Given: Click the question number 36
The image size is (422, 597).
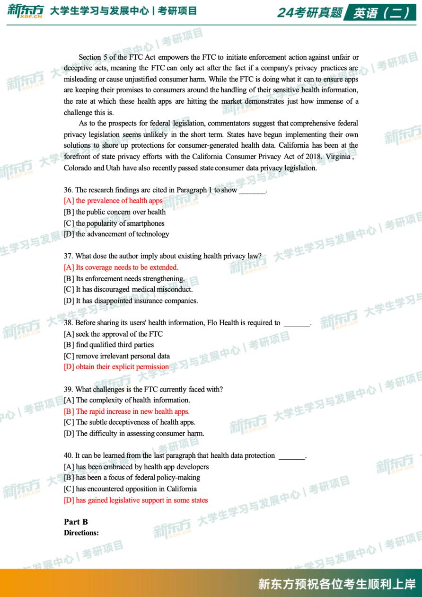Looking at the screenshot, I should click(69, 190).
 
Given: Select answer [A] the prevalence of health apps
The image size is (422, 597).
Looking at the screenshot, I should click(113, 201).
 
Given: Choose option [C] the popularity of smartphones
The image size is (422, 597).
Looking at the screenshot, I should click(114, 223).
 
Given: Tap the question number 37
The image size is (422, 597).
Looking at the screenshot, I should click(69, 256).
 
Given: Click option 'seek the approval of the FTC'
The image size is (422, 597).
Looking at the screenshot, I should click(113, 334).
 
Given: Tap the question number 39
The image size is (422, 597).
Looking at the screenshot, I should click(69, 390).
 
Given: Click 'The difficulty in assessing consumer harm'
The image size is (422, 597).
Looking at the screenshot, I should click(134, 433).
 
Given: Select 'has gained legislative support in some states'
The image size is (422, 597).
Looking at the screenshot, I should click(136, 500).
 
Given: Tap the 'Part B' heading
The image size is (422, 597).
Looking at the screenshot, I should click(76, 522).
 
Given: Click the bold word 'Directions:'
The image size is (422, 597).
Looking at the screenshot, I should click(81, 533).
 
